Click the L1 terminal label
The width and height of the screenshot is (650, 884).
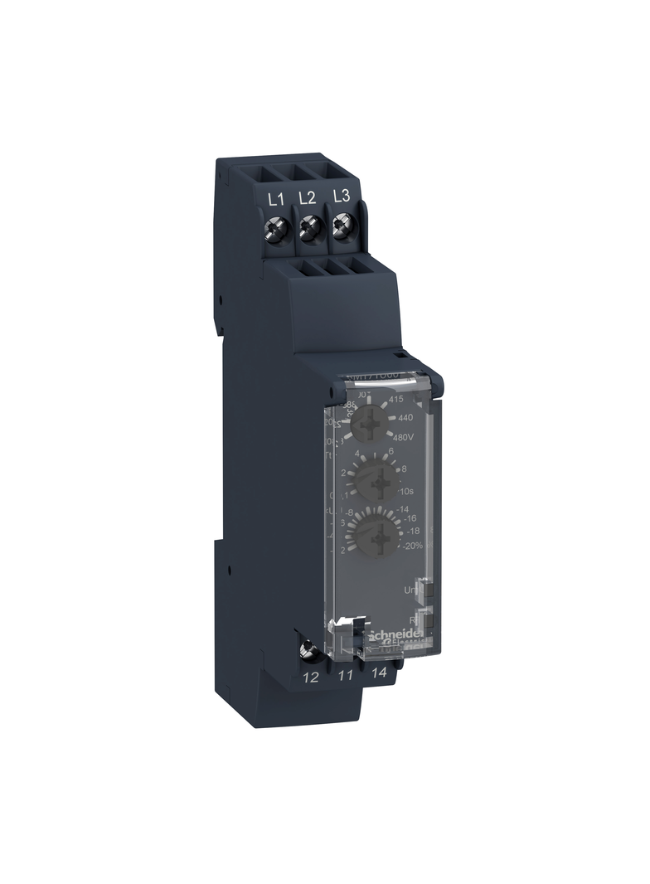[276, 198]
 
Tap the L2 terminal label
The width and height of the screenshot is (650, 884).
[307, 198]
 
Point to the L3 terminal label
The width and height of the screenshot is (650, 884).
[340, 198]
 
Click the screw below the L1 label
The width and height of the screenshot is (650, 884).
[278, 225]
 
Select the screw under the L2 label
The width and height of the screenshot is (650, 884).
[308, 225]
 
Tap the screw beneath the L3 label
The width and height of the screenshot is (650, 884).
[341, 225]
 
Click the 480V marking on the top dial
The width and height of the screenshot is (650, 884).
[405, 439]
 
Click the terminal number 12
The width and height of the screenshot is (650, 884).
[311, 678]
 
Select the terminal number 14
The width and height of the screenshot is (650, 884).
[380, 675]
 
